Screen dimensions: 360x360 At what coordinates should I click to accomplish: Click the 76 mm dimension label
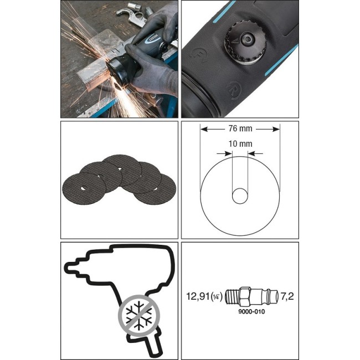coord(240,128)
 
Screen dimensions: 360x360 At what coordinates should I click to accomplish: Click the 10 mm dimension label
coord(240,144)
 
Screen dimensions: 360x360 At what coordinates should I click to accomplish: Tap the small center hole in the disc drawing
coord(240,196)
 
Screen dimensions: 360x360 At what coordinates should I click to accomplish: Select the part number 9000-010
coord(251,312)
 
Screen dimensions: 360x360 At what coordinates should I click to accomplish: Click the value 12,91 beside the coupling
coord(198,296)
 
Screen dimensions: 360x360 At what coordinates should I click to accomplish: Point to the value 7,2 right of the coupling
coord(287,296)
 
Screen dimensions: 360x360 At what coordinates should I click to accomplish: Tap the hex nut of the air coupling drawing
coord(244,296)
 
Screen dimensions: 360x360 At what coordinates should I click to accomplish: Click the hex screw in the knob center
coord(247,39)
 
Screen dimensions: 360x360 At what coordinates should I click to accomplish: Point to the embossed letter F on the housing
coord(198,55)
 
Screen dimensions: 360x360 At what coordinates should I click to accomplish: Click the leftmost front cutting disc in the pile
coord(84,189)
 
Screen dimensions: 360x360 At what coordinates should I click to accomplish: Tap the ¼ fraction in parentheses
coord(216,297)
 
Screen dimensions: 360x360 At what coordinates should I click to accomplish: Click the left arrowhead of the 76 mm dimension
coord(204,130)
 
